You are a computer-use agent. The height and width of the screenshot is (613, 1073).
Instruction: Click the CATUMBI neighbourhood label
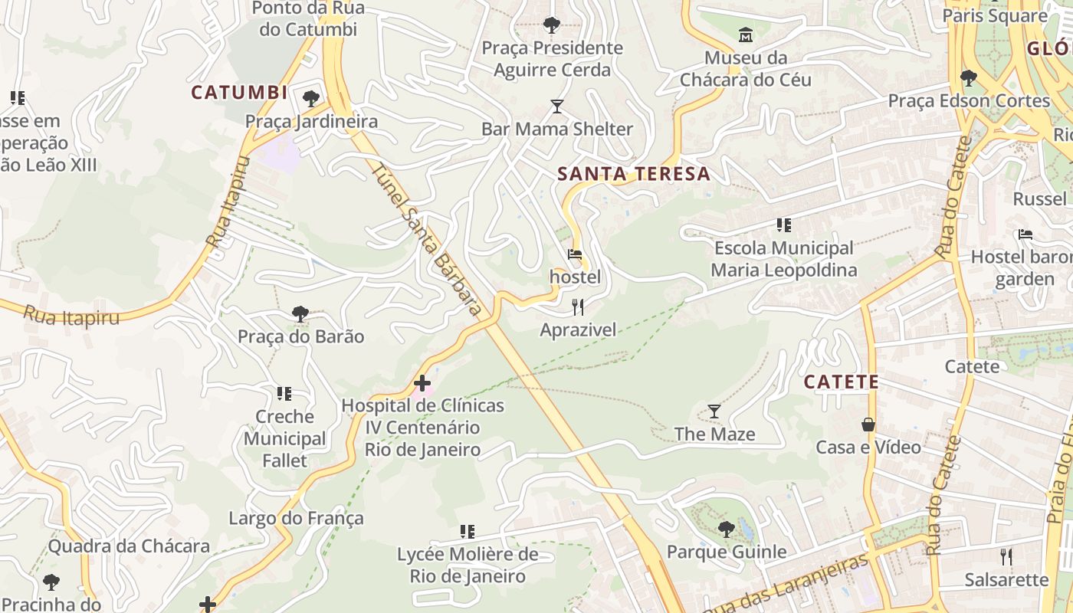coord(239,93)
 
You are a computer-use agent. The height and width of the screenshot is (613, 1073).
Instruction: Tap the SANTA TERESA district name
coord(634,174)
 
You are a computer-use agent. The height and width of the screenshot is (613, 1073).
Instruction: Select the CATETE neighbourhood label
coord(841,382)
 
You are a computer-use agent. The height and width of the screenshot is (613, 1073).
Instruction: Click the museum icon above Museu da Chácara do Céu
coord(745,34)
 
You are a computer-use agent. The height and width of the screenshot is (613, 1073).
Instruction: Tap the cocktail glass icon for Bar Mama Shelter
coord(557,107)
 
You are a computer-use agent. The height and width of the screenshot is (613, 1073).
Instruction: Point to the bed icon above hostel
coord(575,254)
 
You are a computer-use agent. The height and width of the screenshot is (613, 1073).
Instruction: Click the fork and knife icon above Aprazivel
coord(578,307)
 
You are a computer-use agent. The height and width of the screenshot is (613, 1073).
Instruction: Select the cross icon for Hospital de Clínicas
coord(422,383)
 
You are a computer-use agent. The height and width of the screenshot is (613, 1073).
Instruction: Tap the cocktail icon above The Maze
coord(714,411)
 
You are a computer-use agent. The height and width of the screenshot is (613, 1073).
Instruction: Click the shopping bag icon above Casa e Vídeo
coord(868,424)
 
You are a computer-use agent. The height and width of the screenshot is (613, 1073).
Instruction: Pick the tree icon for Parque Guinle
coord(726,529)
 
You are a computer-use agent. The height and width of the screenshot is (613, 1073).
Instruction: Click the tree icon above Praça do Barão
coord(300,313)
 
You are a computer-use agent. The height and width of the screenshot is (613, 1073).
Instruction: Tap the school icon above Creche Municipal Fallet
coord(284,394)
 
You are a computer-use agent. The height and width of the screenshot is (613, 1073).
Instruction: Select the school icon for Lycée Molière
coord(467,531)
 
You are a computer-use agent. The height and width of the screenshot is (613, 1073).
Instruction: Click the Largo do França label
coord(296,518)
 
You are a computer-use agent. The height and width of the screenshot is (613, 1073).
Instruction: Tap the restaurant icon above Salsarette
coord(1006,556)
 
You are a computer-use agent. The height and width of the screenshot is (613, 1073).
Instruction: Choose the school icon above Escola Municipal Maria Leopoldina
coord(783,225)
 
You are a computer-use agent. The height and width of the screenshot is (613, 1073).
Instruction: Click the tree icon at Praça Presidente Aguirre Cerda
coord(551,25)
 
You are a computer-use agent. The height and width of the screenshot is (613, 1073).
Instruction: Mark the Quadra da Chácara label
coord(129,546)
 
